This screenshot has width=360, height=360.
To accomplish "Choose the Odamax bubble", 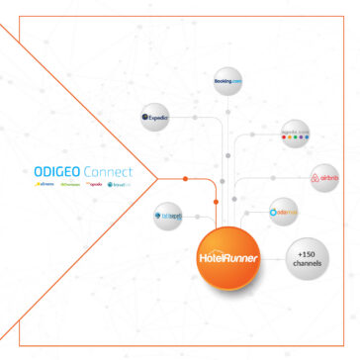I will click(x=285, y=212).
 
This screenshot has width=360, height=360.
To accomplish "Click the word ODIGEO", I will click(x=56, y=170).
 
